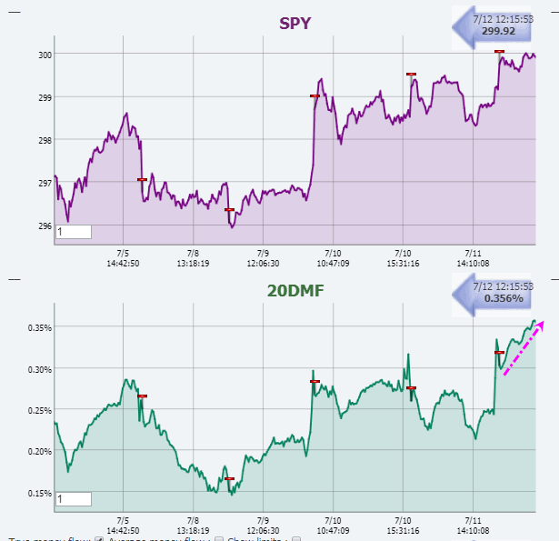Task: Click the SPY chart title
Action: (295, 23)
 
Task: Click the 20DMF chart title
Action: (295, 291)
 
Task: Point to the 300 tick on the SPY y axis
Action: (44, 55)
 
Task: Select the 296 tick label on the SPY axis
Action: (44, 226)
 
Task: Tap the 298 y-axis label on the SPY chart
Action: (44, 140)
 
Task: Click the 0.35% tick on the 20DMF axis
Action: (38, 327)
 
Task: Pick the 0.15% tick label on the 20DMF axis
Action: (38, 494)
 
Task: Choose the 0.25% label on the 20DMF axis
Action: (38, 410)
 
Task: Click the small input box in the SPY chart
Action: (74, 232)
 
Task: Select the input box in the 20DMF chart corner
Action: (74, 499)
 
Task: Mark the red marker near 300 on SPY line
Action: (499, 52)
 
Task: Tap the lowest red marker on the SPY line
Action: (229, 210)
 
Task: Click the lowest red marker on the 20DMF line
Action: (229, 479)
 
